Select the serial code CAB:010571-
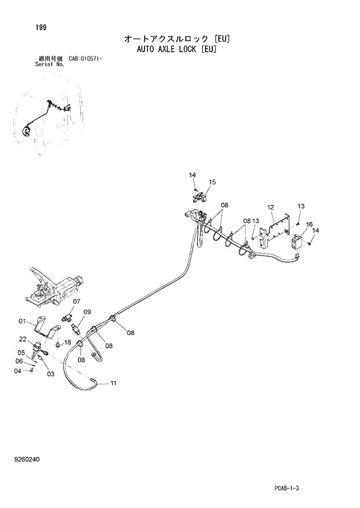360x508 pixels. (86, 59)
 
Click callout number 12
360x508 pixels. (271, 207)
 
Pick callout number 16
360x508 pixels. (309, 224)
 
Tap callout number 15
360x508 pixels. (213, 182)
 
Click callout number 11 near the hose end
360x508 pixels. (114, 383)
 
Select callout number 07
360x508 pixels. (76, 301)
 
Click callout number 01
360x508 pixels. (22, 321)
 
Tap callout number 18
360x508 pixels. (67, 343)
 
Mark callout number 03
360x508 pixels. (51, 374)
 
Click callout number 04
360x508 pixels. (17, 370)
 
